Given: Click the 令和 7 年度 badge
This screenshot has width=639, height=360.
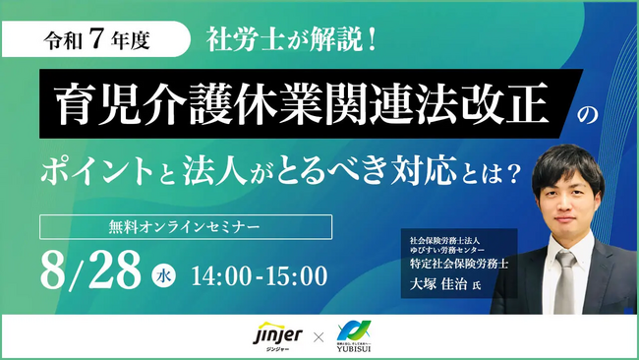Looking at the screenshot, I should coord(109,43).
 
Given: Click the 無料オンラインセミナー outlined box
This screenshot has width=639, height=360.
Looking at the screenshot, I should coord(186,226).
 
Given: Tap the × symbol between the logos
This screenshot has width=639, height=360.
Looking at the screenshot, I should coord(317,336).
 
